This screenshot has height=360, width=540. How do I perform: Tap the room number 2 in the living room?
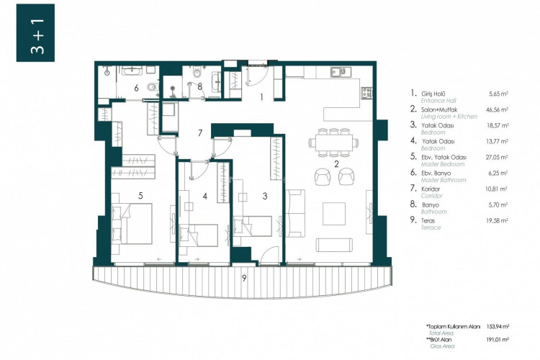click(336, 164)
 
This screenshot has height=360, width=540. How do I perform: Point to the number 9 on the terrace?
click(245, 277)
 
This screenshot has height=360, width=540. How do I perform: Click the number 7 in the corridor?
click(202, 133)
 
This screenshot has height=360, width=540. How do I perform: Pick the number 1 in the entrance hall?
click(263, 96)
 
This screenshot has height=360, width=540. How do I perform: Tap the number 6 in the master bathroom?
click(136, 89)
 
